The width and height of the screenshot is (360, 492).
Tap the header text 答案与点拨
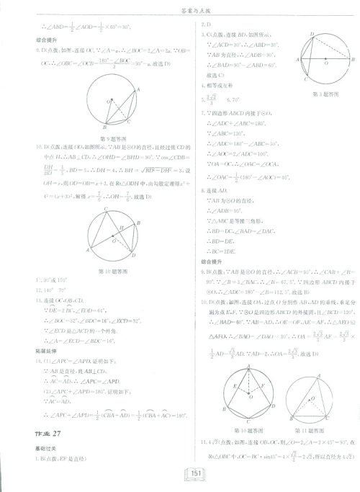pyautogui.click(x=179, y=9)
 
